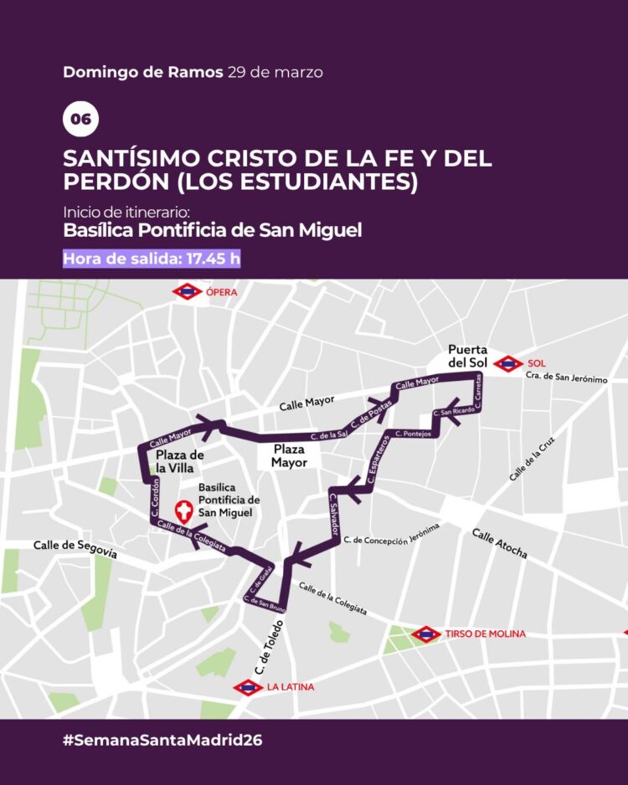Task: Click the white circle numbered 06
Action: (80, 120)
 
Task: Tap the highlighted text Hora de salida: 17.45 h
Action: (152, 258)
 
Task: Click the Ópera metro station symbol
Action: (186, 292)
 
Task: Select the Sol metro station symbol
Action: (507, 363)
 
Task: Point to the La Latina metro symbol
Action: (249, 688)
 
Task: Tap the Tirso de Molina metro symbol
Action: (426, 634)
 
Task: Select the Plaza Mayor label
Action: (288, 455)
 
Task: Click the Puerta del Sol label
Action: (467, 356)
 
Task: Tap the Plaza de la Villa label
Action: (180, 461)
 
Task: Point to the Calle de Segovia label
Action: (75, 549)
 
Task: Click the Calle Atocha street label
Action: (499, 544)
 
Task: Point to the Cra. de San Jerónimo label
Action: (566, 378)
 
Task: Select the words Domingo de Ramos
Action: (142, 72)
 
